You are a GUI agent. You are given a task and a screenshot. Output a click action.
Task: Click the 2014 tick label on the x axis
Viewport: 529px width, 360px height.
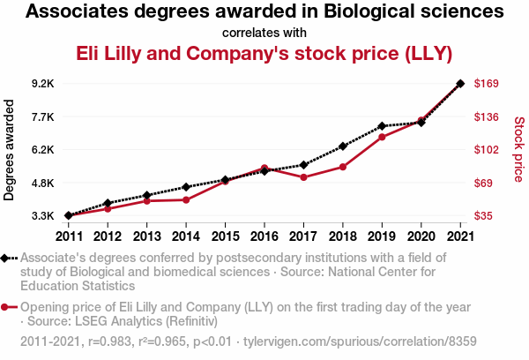[x=186, y=236]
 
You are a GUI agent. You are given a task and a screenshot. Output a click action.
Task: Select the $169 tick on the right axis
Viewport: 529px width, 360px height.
[x=488, y=84]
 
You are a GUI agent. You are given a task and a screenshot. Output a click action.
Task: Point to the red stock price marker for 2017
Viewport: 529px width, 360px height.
[x=303, y=177]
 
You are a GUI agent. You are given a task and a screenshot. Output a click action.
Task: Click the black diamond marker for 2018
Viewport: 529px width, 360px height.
[x=342, y=146]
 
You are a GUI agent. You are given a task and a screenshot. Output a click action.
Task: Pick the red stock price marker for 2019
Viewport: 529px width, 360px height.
[x=382, y=137]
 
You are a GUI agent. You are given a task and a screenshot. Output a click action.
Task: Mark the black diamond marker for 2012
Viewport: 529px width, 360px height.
[x=108, y=203]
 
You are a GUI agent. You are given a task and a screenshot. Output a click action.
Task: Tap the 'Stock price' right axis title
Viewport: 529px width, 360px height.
[x=518, y=150]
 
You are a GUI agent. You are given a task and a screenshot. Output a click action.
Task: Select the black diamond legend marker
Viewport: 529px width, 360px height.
[x=6, y=258]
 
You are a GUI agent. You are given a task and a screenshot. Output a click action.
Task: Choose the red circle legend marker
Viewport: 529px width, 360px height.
[x=6, y=307]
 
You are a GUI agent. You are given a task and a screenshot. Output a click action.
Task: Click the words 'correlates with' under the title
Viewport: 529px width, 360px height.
[x=264, y=33]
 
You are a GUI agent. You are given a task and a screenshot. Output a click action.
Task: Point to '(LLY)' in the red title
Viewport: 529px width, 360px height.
[x=428, y=54]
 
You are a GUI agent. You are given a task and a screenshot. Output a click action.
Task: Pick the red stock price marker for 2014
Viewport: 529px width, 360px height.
[x=186, y=199]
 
